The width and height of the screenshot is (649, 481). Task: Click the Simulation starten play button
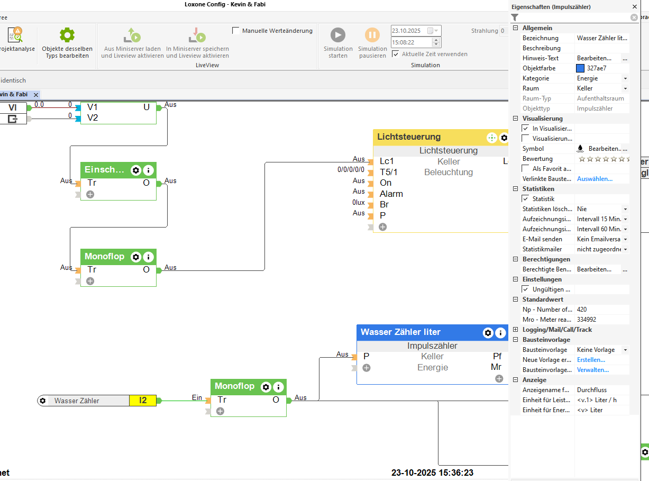tap(338, 35)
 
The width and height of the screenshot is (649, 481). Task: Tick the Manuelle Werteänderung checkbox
tap(236, 31)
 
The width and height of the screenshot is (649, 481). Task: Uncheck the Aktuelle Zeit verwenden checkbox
tap(396, 54)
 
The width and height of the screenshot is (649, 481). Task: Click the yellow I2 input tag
tap(142, 401)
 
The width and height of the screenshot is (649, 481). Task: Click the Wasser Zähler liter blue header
tap(400, 332)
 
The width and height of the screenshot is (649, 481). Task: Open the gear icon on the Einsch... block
tap(136, 170)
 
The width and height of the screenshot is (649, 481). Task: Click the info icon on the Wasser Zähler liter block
tap(500, 333)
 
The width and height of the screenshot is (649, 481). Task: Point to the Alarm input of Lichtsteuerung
tap(391, 194)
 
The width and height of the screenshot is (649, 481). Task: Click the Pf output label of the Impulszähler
tap(497, 357)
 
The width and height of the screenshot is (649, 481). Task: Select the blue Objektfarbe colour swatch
tap(580, 68)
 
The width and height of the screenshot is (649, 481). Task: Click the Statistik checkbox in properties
tap(525, 199)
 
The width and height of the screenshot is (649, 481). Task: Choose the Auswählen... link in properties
tap(595, 179)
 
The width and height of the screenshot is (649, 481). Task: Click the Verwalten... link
tap(592, 370)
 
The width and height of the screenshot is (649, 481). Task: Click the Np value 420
tap(582, 310)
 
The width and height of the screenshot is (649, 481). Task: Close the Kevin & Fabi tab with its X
tap(36, 95)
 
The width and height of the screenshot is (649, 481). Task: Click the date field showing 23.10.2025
tap(408, 31)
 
